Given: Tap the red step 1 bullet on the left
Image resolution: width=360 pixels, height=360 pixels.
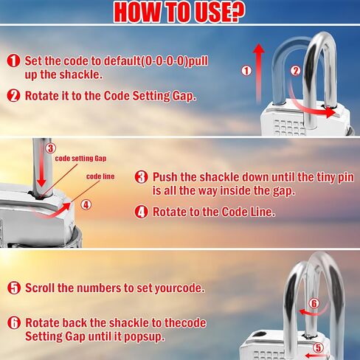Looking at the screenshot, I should (13, 61).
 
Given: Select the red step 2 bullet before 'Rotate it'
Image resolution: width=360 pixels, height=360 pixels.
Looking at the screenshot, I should (13, 95).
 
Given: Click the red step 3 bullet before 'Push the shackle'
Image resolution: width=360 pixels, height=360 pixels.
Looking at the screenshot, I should (142, 178).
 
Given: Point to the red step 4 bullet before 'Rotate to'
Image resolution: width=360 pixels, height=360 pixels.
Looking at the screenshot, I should (142, 212).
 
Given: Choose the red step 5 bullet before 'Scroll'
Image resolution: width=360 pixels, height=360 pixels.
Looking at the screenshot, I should (13, 288).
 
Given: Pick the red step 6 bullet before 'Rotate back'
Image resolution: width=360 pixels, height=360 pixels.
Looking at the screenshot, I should (13, 323).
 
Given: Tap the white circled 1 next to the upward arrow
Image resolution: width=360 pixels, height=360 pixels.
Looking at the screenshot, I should (246, 71).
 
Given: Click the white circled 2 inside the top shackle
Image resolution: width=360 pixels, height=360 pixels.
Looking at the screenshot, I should (295, 71).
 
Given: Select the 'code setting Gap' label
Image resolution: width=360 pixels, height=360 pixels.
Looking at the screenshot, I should (80, 159).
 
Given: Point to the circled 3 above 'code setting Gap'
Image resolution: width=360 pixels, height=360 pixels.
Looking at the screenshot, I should (49, 148).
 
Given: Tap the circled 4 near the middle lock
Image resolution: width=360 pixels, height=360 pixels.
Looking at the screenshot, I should (85, 204).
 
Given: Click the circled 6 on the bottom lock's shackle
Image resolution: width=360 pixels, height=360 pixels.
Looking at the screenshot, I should (313, 302).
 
